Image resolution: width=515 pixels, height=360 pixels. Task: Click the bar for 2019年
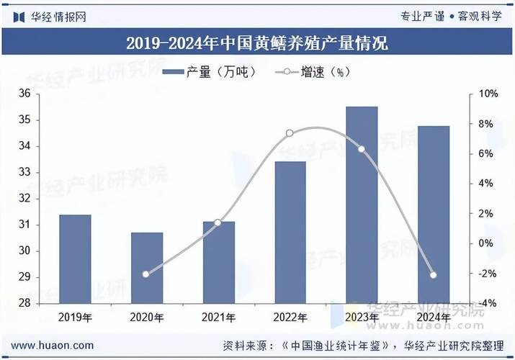tap(75, 259)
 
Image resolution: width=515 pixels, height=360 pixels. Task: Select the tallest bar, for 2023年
tap(362, 205)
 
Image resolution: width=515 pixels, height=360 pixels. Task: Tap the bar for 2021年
tap(218, 263)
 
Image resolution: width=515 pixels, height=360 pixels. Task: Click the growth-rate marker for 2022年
tap(290, 133)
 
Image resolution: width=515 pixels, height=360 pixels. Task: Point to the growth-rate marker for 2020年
tap(146, 274)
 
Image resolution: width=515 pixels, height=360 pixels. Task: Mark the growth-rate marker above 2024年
tap(434, 275)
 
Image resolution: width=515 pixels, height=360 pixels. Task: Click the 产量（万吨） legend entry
tap(210, 72)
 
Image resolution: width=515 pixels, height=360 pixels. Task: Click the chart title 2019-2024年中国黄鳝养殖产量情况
tap(257, 43)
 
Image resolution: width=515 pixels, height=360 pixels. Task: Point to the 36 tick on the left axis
tap(24, 94)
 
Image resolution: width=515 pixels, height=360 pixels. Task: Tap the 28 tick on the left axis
tap(24, 303)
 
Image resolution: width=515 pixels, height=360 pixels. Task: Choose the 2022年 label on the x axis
tap(290, 317)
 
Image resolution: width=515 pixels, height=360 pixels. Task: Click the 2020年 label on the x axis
tap(146, 317)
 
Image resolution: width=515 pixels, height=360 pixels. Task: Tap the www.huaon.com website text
tap(52, 346)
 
